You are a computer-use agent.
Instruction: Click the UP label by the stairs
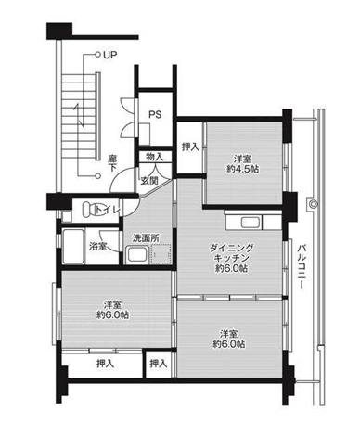point(110,55)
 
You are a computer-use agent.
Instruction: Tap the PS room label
point(155,115)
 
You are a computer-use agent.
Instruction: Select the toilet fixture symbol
point(89,210)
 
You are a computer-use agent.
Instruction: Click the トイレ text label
point(108,210)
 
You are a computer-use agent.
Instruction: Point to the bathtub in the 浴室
point(73,246)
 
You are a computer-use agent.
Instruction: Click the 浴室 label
point(97,247)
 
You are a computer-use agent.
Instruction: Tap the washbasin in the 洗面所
point(137,254)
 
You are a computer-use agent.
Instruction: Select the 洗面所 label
point(146,238)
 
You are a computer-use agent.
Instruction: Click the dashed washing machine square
point(161,254)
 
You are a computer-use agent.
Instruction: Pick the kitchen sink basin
point(251,223)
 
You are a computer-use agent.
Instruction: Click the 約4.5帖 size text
point(243,169)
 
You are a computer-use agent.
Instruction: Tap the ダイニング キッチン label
point(231,252)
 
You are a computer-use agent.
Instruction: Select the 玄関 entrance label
point(149,181)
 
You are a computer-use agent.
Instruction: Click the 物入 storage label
point(155,157)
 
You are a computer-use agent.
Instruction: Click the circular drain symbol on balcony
point(313,204)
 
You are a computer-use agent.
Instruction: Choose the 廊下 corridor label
point(112,163)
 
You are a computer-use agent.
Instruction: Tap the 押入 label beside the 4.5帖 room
point(190,147)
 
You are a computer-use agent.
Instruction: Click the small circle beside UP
point(97,55)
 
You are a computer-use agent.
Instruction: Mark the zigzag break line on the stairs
point(79,115)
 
